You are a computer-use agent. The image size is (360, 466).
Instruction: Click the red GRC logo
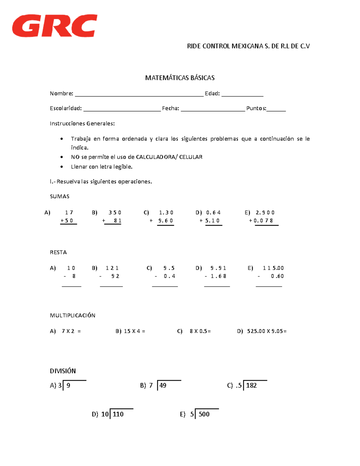[x=55, y=26]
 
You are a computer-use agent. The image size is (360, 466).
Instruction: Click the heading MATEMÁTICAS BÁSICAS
[x=180, y=78]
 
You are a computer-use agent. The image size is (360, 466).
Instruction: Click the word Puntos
[x=256, y=108]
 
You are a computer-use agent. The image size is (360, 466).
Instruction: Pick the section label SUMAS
[x=59, y=197]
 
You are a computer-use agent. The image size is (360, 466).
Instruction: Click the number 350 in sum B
[x=115, y=213]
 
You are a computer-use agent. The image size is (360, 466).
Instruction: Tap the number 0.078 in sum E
[x=263, y=221]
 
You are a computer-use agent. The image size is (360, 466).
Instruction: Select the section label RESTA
[x=58, y=252]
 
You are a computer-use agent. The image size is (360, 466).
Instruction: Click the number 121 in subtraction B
[x=112, y=268]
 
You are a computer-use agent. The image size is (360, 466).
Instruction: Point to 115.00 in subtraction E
[x=273, y=268]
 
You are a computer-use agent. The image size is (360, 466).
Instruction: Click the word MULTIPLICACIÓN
[x=73, y=315]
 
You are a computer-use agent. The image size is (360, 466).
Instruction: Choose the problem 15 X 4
[x=134, y=331]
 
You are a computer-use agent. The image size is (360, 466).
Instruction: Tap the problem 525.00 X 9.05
[x=266, y=331]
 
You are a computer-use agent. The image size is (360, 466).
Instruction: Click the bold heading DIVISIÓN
[x=63, y=371]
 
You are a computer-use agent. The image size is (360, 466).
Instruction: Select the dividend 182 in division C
[x=251, y=386]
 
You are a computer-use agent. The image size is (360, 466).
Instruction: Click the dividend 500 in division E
[x=204, y=414]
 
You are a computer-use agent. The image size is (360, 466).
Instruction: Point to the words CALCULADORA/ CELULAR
[x=169, y=157]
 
